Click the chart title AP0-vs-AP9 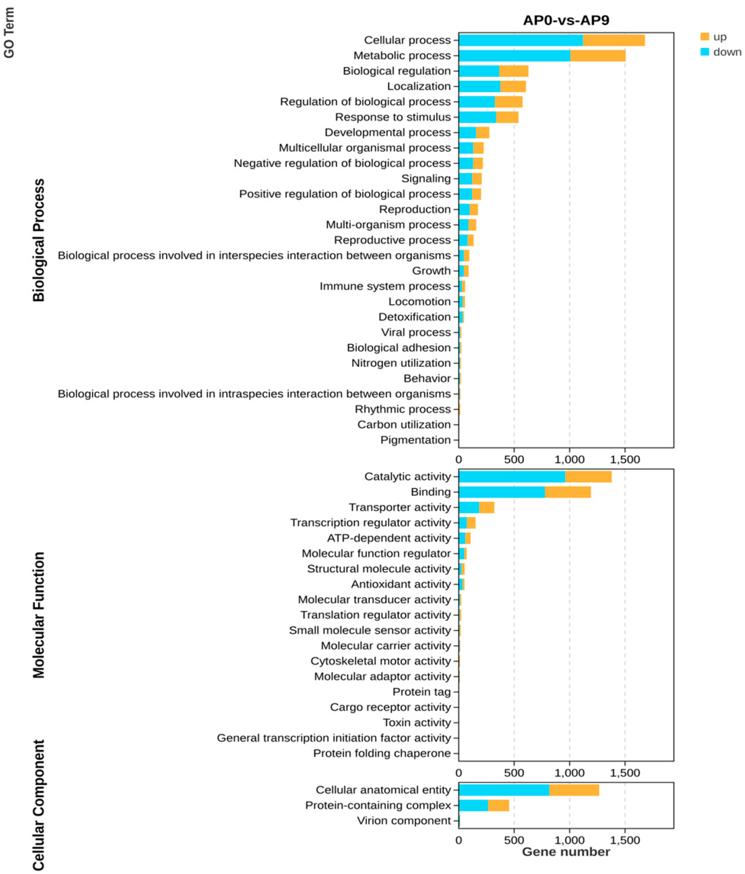pos(566,20)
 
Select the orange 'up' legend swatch pos(705,37)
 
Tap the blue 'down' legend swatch pos(705,52)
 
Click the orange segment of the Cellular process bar pos(613,40)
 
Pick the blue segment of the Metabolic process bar pos(514,56)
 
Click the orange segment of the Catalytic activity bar pos(588,476)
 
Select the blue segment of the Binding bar pos(502,492)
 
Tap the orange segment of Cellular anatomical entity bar pos(574,790)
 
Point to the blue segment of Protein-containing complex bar pos(473,805)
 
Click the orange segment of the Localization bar pos(513,87)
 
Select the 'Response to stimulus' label pos(393,117)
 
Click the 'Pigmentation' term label pos(415,440)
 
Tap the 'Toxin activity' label pos(417,723)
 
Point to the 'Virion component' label pos(404,821)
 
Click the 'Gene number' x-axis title pos(566,851)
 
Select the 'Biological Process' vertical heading pos(39,240)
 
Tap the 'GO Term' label pos(9,33)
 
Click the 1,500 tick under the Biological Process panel pos(625,459)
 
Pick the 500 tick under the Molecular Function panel pos(514,773)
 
